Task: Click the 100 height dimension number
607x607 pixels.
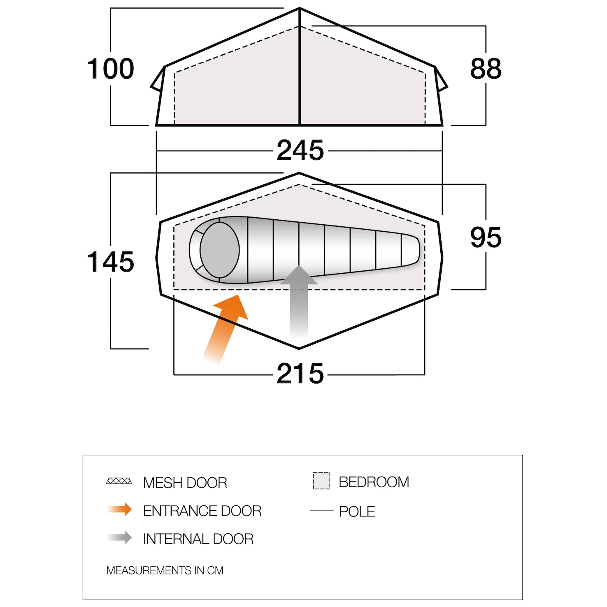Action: pos(110,69)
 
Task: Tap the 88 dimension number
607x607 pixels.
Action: pos(486,69)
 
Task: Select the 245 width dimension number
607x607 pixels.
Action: pos(300,150)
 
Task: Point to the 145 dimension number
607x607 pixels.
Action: pos(110,262)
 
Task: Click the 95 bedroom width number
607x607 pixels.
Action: pos(486,237)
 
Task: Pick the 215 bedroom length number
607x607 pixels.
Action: pos(300,374)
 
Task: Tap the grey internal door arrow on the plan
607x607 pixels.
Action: pos(299,302)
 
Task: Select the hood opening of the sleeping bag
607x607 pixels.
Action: pos(220,250)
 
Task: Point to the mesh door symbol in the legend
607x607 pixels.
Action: pos(119,481)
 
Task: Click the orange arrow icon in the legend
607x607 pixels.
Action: pos(119,509)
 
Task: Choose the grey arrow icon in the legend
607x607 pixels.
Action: pos(119,537)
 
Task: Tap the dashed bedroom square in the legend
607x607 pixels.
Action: pos(321,481)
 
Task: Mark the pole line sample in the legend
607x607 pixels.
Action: pos(321,511)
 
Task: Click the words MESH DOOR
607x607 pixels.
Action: pos(185,483)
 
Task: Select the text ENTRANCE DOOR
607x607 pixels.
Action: pos(202,511)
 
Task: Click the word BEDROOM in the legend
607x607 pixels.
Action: pos(374,482)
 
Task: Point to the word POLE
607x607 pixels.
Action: pos(357,512)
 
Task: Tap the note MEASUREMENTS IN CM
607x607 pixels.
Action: pos(165,570)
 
